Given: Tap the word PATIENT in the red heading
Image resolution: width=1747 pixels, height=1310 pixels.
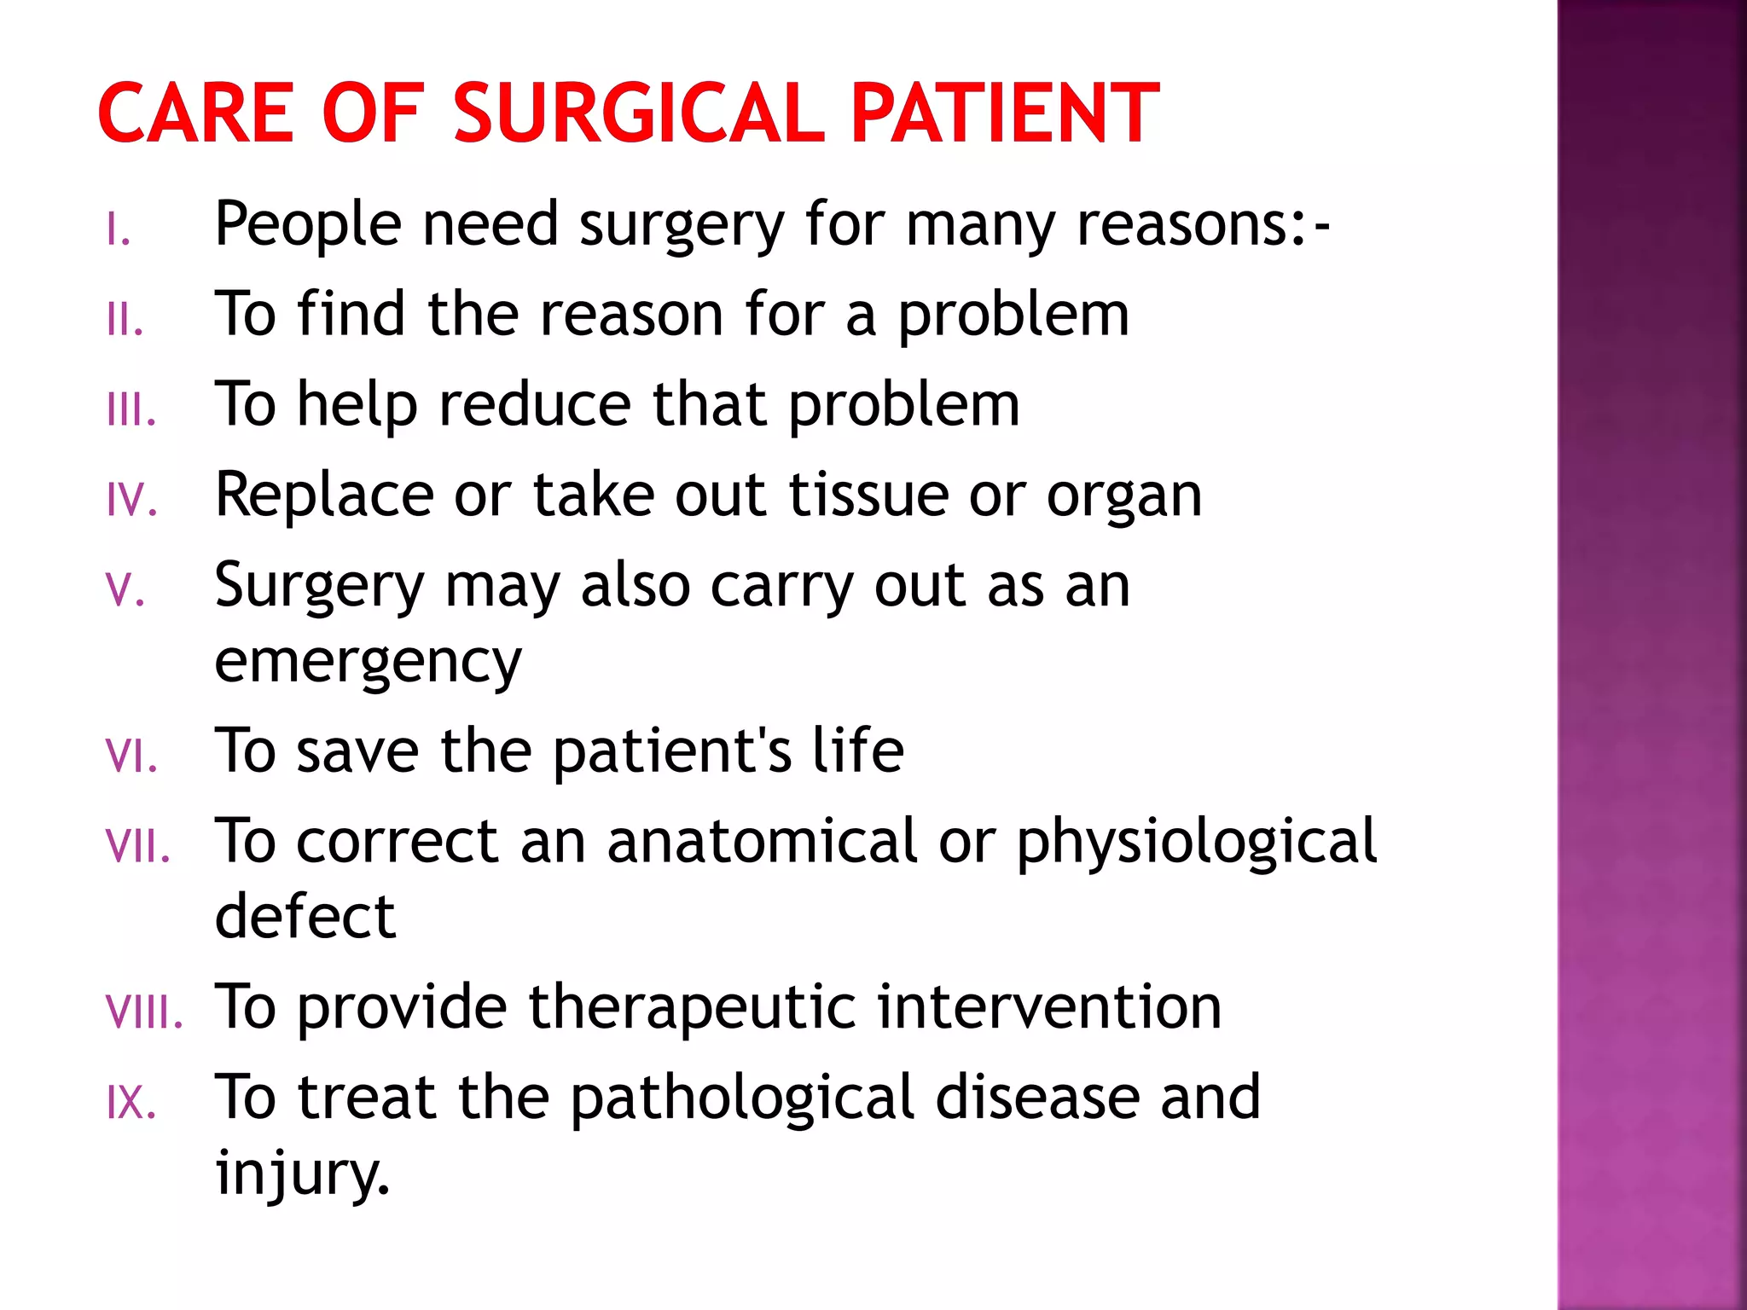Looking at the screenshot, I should (1005, 113).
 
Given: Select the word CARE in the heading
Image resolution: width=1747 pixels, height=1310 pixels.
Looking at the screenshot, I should (196, 113).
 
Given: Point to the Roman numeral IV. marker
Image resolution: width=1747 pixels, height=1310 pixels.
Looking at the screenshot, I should (132, 501).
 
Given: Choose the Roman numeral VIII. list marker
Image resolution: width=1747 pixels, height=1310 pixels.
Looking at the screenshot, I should (144, 1012).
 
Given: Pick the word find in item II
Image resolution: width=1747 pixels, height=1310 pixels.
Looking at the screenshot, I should (351, 316).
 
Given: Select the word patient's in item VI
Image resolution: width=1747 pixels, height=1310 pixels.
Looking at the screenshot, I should (672, 752).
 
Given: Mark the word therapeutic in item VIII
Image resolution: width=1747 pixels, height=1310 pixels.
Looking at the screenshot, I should (692, 1008).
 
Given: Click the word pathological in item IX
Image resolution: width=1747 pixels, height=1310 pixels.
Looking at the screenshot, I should (742, 1098).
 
